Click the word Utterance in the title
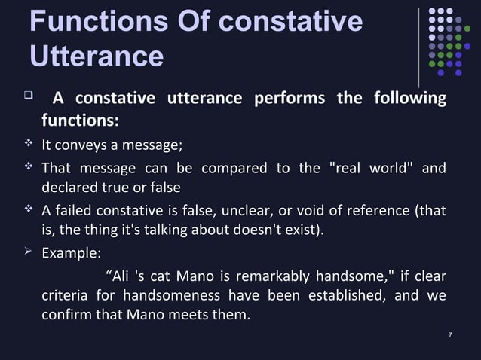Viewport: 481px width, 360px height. (x=96, y=56)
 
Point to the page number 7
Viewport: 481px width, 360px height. (x=449, y=334)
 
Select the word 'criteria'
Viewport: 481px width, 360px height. (x=66, y=295)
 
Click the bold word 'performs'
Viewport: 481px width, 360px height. (x=289, y=99)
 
